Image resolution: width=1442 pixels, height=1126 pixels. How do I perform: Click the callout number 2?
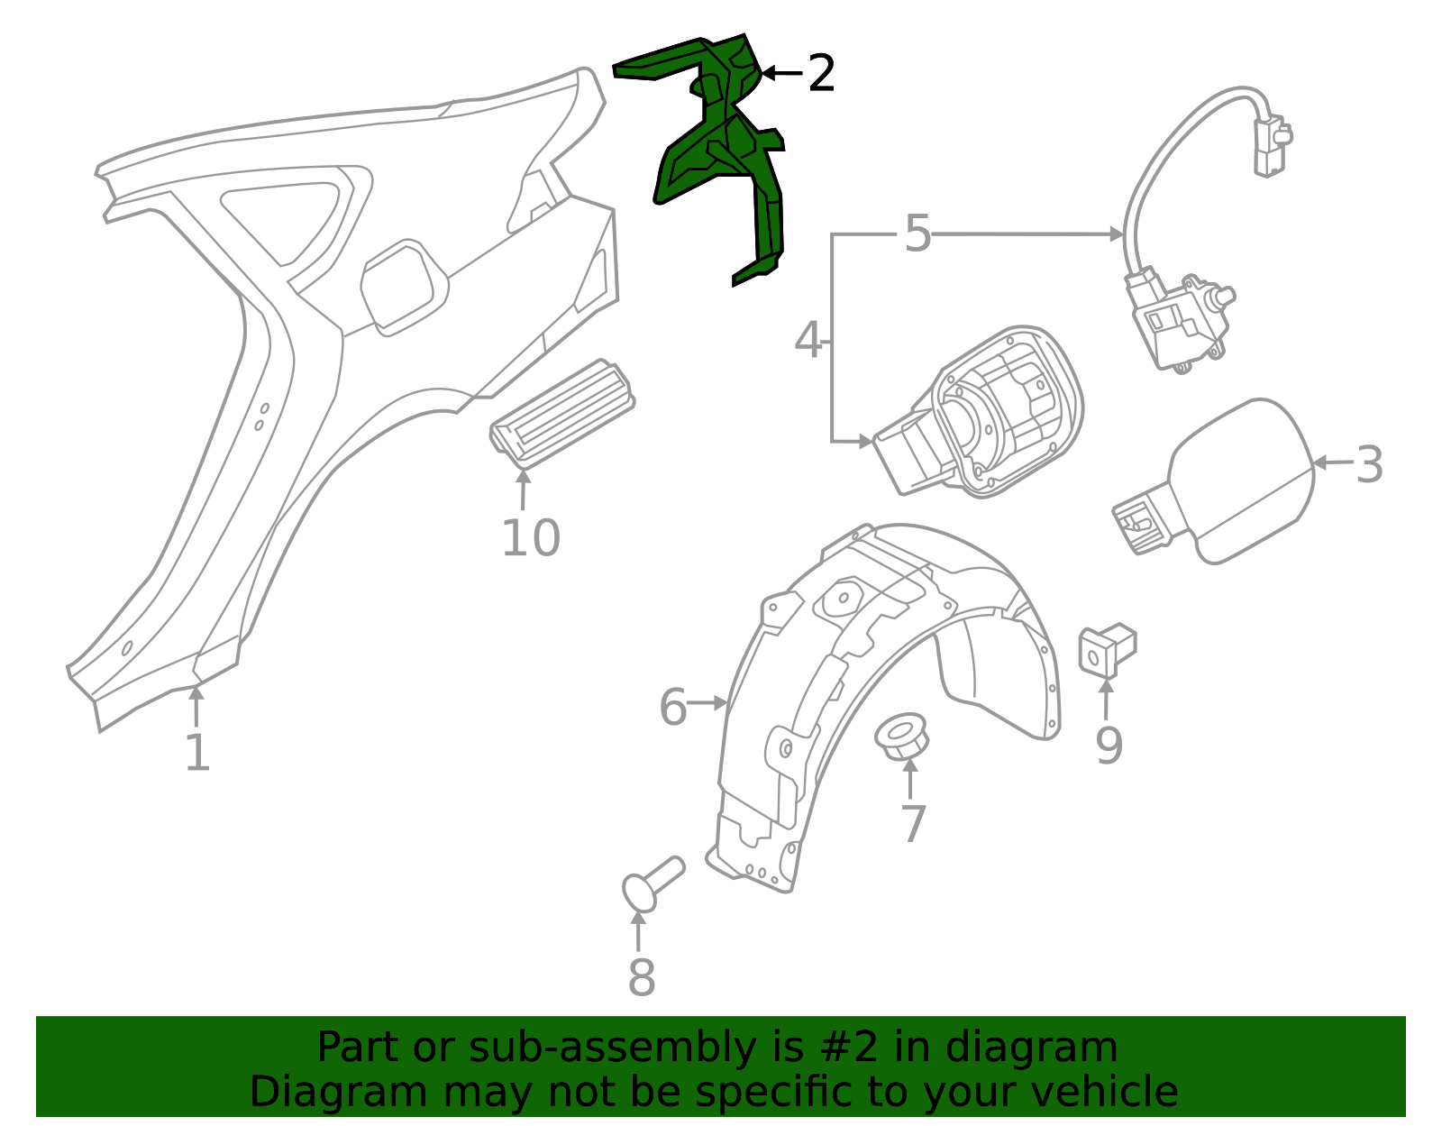tap(821, 73)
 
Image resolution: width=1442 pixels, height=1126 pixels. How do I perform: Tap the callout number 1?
tap(197, 753)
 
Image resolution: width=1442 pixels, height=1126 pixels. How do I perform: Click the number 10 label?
tap(531, 538)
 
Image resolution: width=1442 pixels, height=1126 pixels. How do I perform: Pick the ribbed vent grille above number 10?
tap(561, 416)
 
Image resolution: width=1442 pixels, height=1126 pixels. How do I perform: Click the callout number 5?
tap(917, 233)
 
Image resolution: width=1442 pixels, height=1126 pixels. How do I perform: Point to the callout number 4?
tap(808, 341)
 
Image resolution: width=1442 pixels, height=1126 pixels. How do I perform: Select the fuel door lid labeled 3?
tap(1214, 481)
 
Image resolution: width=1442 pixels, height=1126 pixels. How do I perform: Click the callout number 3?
tap(1369, 464)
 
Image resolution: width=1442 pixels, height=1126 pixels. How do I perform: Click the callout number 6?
tap(673, 708)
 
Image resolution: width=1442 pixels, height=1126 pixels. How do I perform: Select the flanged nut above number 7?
tap(901, 737)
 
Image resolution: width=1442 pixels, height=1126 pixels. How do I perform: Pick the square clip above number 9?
tap(1108, 650)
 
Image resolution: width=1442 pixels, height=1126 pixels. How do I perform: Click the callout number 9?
tap(1109, 746)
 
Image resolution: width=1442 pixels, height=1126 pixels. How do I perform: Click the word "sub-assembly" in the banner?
tap(613, 1047)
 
